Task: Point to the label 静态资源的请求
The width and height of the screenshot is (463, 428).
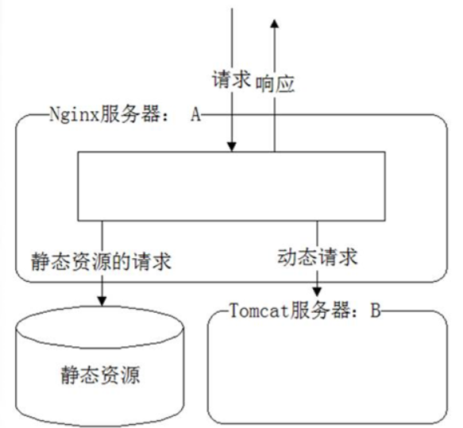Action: point(101,261)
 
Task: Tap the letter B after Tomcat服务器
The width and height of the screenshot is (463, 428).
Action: point(374,311)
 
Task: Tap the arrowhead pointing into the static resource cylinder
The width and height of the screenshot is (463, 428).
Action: point(102,301)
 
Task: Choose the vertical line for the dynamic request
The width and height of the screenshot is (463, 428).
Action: point(318,233)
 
